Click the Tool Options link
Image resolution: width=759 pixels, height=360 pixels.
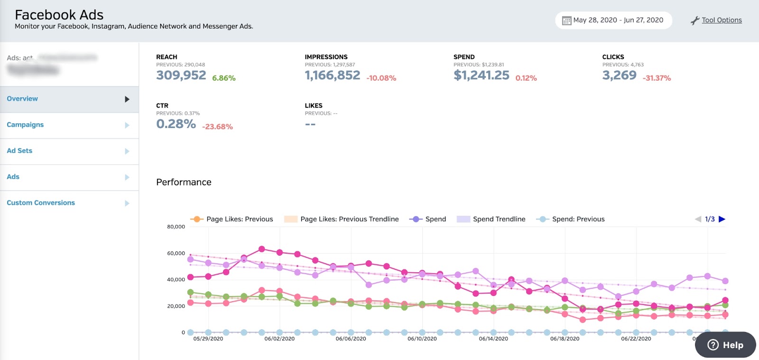click(721, 20)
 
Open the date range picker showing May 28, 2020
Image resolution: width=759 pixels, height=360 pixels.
click(613, 20)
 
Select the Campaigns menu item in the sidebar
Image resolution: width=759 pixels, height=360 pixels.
click(25, 125)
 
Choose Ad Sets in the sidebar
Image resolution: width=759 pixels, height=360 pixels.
click(19, 151)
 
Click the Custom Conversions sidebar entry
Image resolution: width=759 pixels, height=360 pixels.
click(41, 203)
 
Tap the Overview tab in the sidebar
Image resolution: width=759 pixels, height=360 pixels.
click(22, 99)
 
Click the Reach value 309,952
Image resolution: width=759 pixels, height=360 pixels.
click(181, 75)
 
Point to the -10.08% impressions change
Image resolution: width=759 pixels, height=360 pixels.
click(381, 78)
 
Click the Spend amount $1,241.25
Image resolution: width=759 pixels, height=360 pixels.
click(481, 75)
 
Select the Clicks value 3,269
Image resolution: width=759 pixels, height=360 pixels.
click(619, 75)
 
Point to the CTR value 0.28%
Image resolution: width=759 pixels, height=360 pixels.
click(176, 124)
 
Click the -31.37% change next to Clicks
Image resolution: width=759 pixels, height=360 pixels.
click(657, 78)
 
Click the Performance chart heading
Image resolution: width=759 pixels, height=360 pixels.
click(184, 182)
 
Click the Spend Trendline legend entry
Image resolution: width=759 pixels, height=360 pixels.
click(499, 219)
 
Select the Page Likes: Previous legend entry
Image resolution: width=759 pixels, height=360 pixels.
click(239, 219)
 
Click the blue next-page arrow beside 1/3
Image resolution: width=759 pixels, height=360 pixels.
click(722, 219)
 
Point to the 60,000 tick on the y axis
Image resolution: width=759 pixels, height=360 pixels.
click(176, 253)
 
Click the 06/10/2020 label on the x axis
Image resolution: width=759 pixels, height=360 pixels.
click(422, 339)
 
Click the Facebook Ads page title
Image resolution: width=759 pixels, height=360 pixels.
click(59, 15)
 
